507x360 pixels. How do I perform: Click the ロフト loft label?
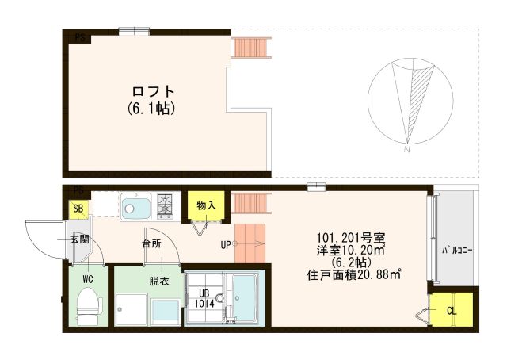point(148,90)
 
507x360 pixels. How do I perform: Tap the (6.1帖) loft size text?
point(150,107)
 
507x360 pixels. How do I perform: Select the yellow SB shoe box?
point(78,209)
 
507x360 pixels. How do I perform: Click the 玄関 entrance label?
point(78,239)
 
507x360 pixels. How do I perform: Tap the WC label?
point(88,278)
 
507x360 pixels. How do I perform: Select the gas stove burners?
point(166,205)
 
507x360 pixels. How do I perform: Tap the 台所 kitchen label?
point(152,244)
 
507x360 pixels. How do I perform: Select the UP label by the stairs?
point(226,244)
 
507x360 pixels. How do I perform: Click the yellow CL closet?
point(452,310)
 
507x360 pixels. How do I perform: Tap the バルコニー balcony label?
point(457,251)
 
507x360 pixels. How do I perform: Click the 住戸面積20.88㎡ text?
point(354,275)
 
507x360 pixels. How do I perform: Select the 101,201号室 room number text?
point(351,237)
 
